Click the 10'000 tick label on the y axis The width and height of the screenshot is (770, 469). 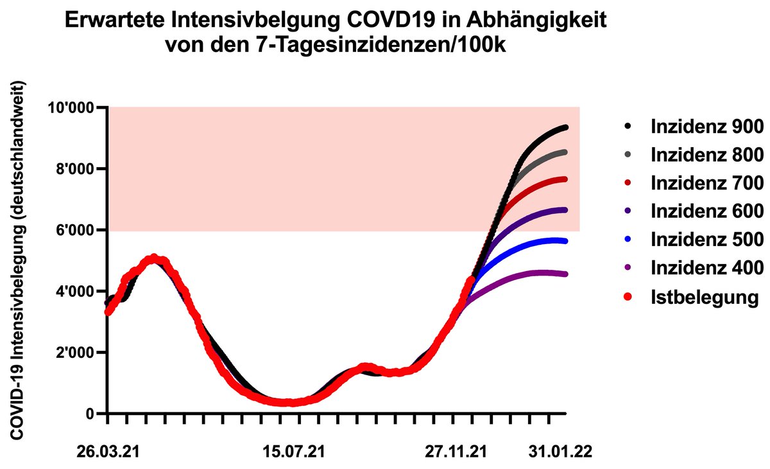click(73, 107)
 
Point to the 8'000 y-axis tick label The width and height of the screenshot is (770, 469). click(77, 169)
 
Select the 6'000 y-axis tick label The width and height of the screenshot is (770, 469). click(77, 230)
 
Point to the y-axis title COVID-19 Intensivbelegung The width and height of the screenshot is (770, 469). click(21, 260)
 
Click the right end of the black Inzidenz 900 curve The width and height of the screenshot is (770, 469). click(565, 128)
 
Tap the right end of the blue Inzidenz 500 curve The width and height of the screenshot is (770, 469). click(565, 241)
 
